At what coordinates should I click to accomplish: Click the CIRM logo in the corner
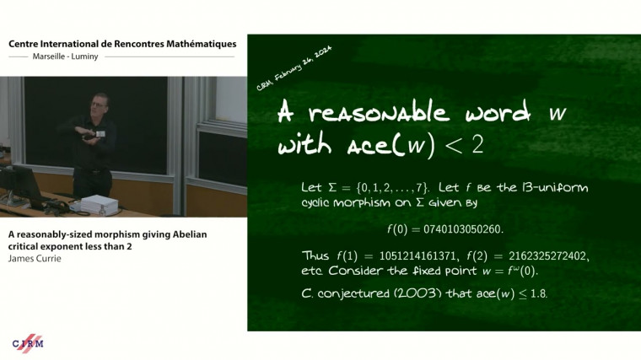click(27, 342)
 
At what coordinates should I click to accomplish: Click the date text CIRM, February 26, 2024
click(294, 69)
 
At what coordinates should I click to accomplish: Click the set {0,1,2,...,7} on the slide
click(387, 187)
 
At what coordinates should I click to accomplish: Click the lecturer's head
click(100, 103)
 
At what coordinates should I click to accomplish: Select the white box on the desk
click(100, 204)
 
